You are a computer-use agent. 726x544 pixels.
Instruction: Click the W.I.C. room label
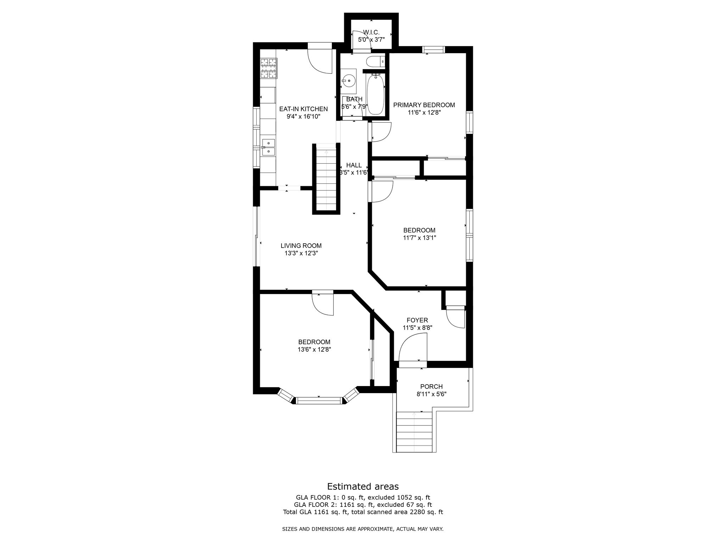tap(371, 32)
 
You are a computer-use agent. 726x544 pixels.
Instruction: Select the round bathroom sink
tap(348, 81)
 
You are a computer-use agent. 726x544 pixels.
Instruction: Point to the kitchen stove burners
tap(268, 68)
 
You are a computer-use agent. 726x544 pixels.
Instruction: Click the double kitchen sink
tap(268, 147)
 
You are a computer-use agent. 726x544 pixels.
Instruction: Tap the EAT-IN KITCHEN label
tap(303, 109)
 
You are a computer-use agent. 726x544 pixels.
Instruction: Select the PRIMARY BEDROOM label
tap(424, 105)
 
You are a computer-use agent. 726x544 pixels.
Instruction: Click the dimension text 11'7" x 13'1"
tap(419, 238)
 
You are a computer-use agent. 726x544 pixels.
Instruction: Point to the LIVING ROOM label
tap(301, 246)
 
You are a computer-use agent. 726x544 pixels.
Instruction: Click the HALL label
tap(354, 165)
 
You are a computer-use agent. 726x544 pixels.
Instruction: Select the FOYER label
tap(417, 321)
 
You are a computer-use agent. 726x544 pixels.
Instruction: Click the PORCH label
tap(431, 387)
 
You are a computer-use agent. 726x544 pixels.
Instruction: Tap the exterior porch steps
tap(414, 432)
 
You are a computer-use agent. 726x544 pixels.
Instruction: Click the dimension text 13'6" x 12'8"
tap(314, 350)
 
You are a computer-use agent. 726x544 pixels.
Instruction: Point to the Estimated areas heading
tap(363, 486)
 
